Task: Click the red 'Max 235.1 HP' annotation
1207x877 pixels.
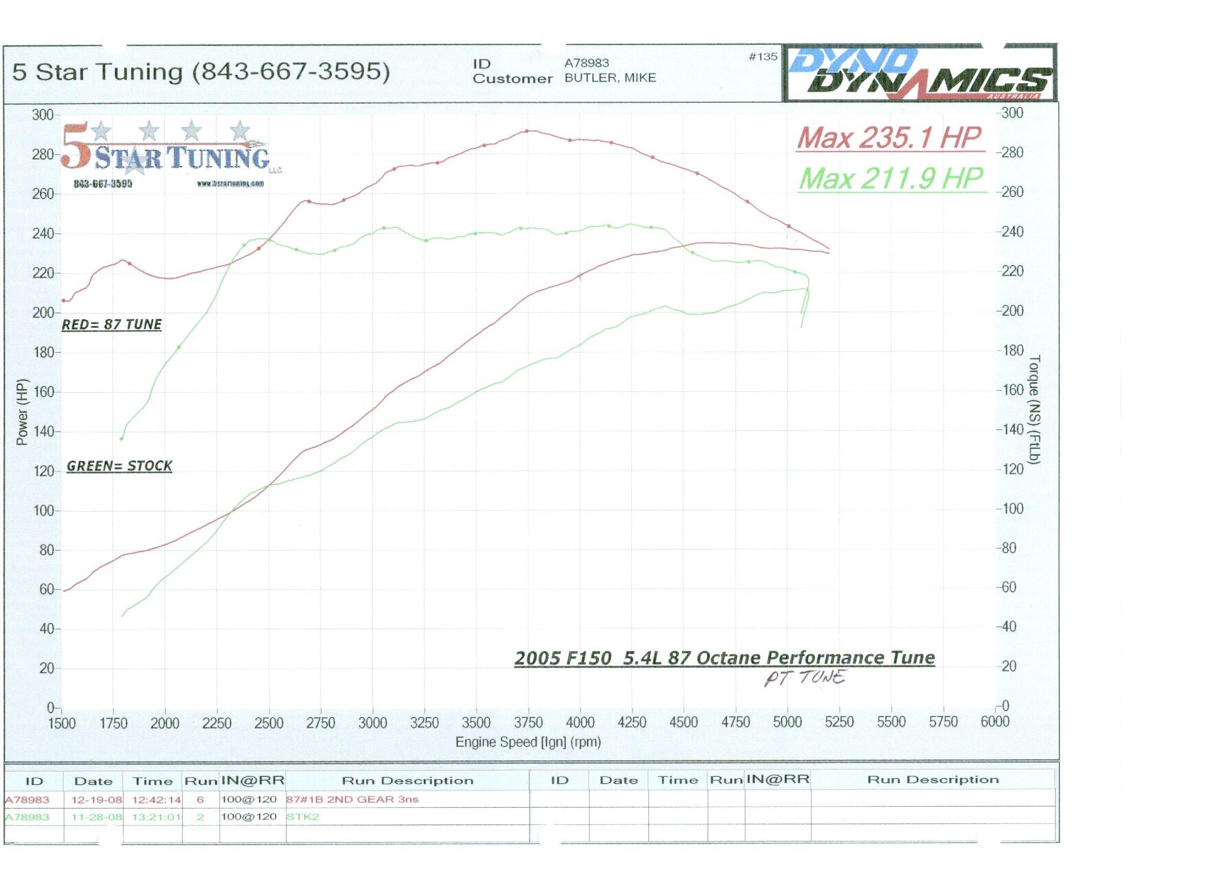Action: pos(889,138)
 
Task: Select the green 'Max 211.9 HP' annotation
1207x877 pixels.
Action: pos(891,178)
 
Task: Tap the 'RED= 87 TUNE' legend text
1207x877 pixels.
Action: pos(112,324)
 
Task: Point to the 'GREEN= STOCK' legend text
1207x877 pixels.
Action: pos(119,466)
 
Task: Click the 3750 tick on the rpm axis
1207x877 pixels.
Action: pos(528,722)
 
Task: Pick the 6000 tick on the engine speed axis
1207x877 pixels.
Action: pos(994,721)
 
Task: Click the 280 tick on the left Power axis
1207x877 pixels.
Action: pos(42,155)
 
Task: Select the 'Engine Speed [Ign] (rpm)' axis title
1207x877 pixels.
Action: pos(528,742)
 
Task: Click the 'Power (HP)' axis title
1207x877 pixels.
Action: pos(22,413)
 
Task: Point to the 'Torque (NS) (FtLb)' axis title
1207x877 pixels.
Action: pos(1035,410)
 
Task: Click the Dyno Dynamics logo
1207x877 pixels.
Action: pos(919,74)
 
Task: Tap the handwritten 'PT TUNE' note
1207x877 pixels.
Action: pos(804,678)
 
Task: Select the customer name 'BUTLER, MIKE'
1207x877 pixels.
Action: pos(610,78)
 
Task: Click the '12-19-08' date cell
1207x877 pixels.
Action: pos(97,799)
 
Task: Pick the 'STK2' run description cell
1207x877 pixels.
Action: pos(303,816)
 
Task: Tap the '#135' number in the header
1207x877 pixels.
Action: pos(763,56)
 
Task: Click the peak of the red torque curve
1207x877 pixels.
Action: pos(527,131)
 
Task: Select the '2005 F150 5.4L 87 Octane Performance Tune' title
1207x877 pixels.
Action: pos(724,658)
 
